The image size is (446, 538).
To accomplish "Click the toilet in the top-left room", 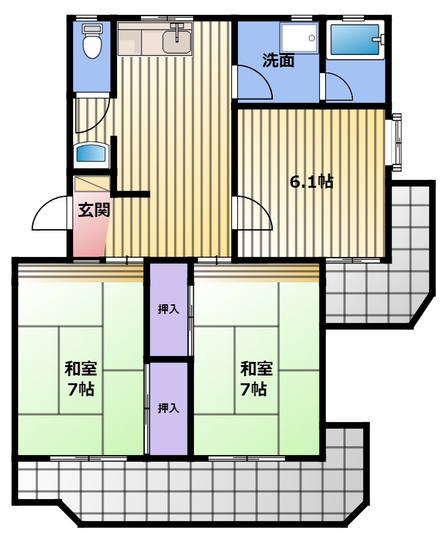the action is point(92,41).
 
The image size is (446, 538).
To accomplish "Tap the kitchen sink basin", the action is point(176,42).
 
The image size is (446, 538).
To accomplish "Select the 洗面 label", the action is point(279,61).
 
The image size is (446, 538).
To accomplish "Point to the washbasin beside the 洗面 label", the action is point(299,38).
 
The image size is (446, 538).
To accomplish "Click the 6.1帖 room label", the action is point(312,181).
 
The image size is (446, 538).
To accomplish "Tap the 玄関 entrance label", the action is point(94,210).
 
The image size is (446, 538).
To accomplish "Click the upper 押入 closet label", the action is point(168,309).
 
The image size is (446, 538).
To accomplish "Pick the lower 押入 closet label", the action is point(168,409).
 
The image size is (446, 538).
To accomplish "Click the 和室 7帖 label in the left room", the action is point(81,379).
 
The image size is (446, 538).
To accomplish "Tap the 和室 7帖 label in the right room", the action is point(256,379).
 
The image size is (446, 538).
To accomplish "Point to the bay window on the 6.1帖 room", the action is point(396,142).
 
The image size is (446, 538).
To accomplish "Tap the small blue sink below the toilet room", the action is point(91,153).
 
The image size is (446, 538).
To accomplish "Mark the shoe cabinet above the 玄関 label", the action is point(92,184).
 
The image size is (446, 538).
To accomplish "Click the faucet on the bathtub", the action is point(379,39).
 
